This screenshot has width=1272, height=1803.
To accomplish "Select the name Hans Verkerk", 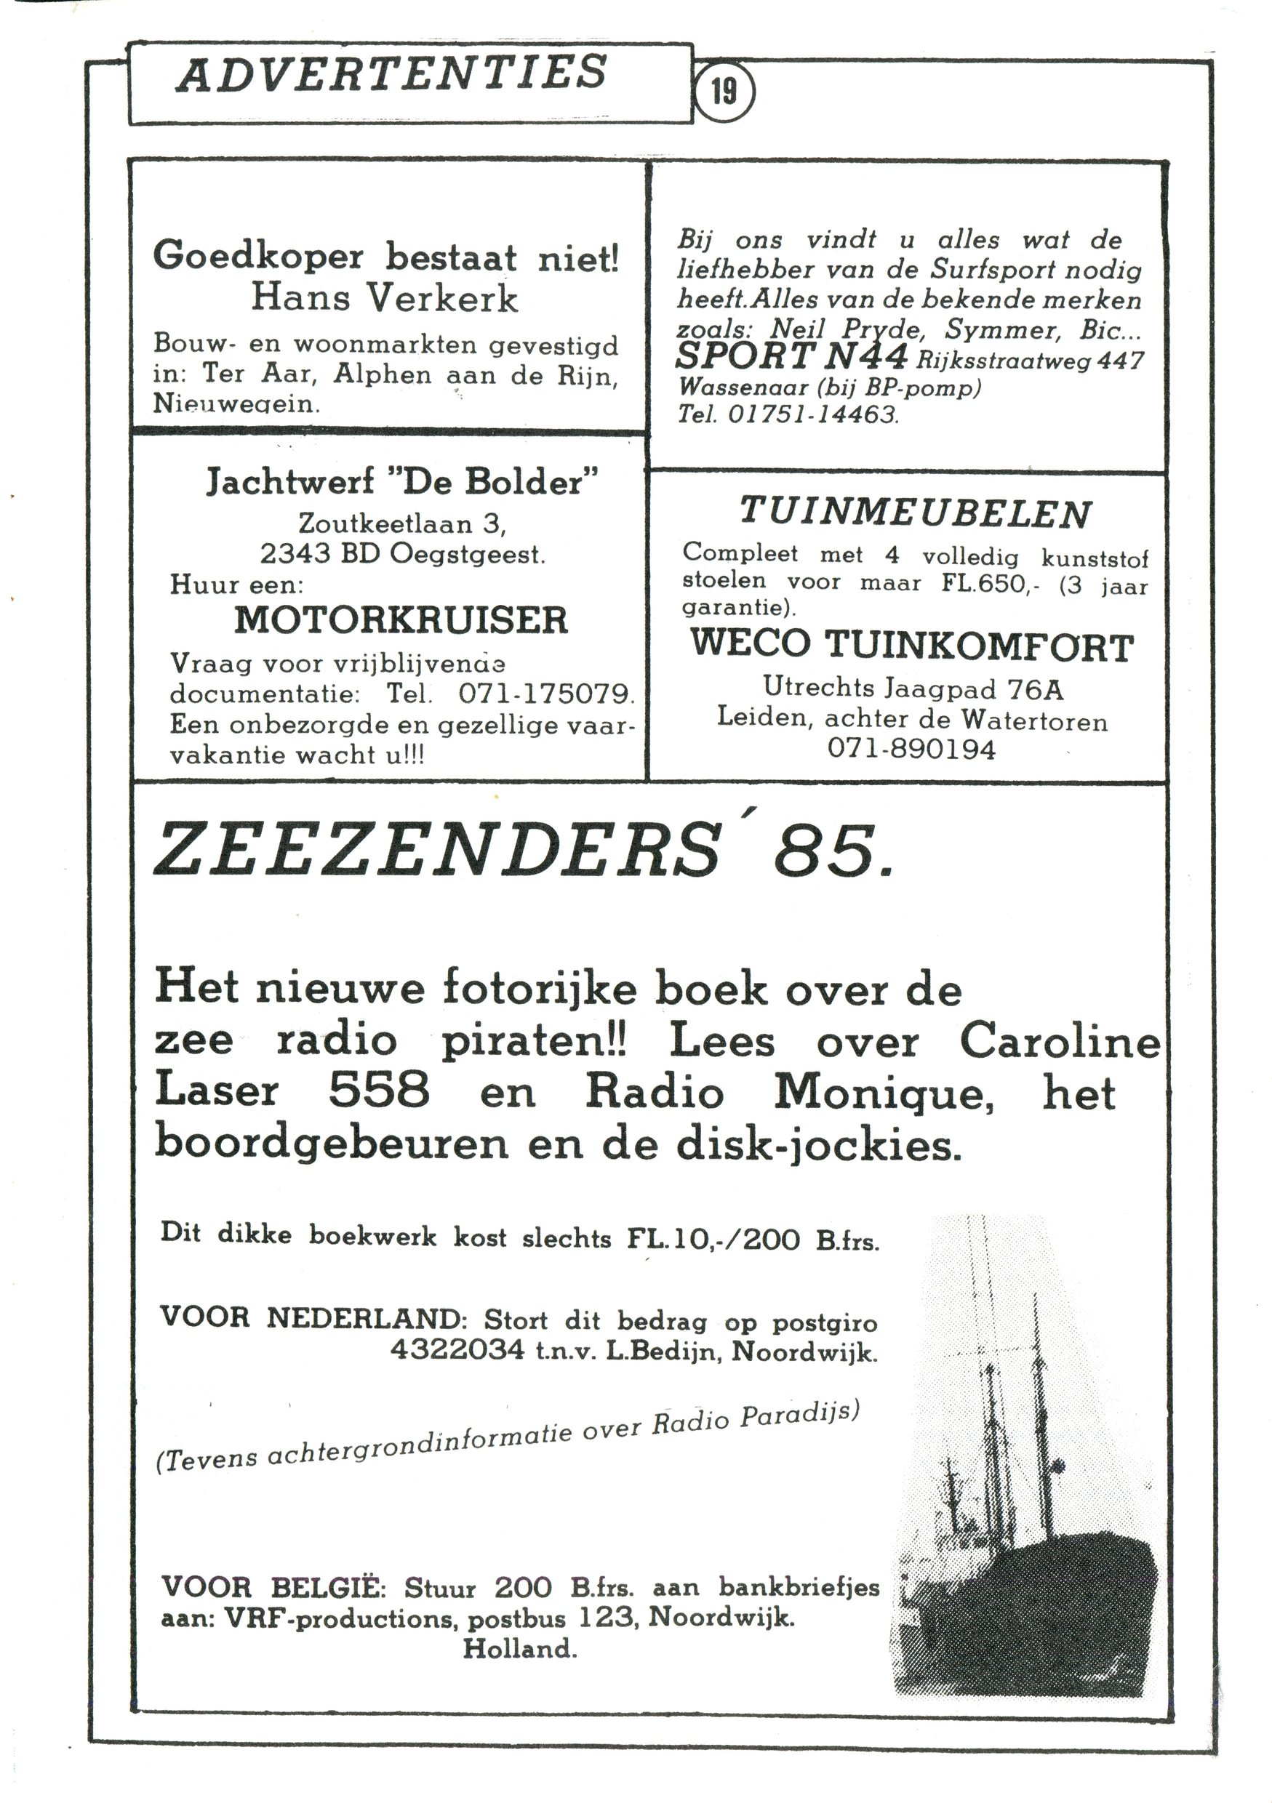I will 384,298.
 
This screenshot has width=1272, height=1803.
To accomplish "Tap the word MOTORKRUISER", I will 401,620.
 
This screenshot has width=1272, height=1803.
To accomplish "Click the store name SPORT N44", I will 791,357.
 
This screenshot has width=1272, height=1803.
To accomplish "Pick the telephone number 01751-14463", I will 811,413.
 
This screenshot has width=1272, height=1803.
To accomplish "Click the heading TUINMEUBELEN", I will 916,513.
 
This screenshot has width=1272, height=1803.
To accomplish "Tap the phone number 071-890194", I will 911,749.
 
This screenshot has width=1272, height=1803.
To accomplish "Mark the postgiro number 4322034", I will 457,1349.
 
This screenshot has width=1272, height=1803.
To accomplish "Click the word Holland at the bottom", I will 519,1648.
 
